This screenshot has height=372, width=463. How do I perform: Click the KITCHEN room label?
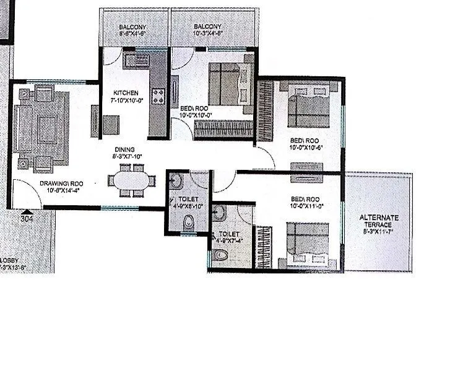point(126,93)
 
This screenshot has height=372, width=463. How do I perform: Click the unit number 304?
point(27,218)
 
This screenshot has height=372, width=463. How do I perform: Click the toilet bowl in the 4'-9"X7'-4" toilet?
point(220,254)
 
